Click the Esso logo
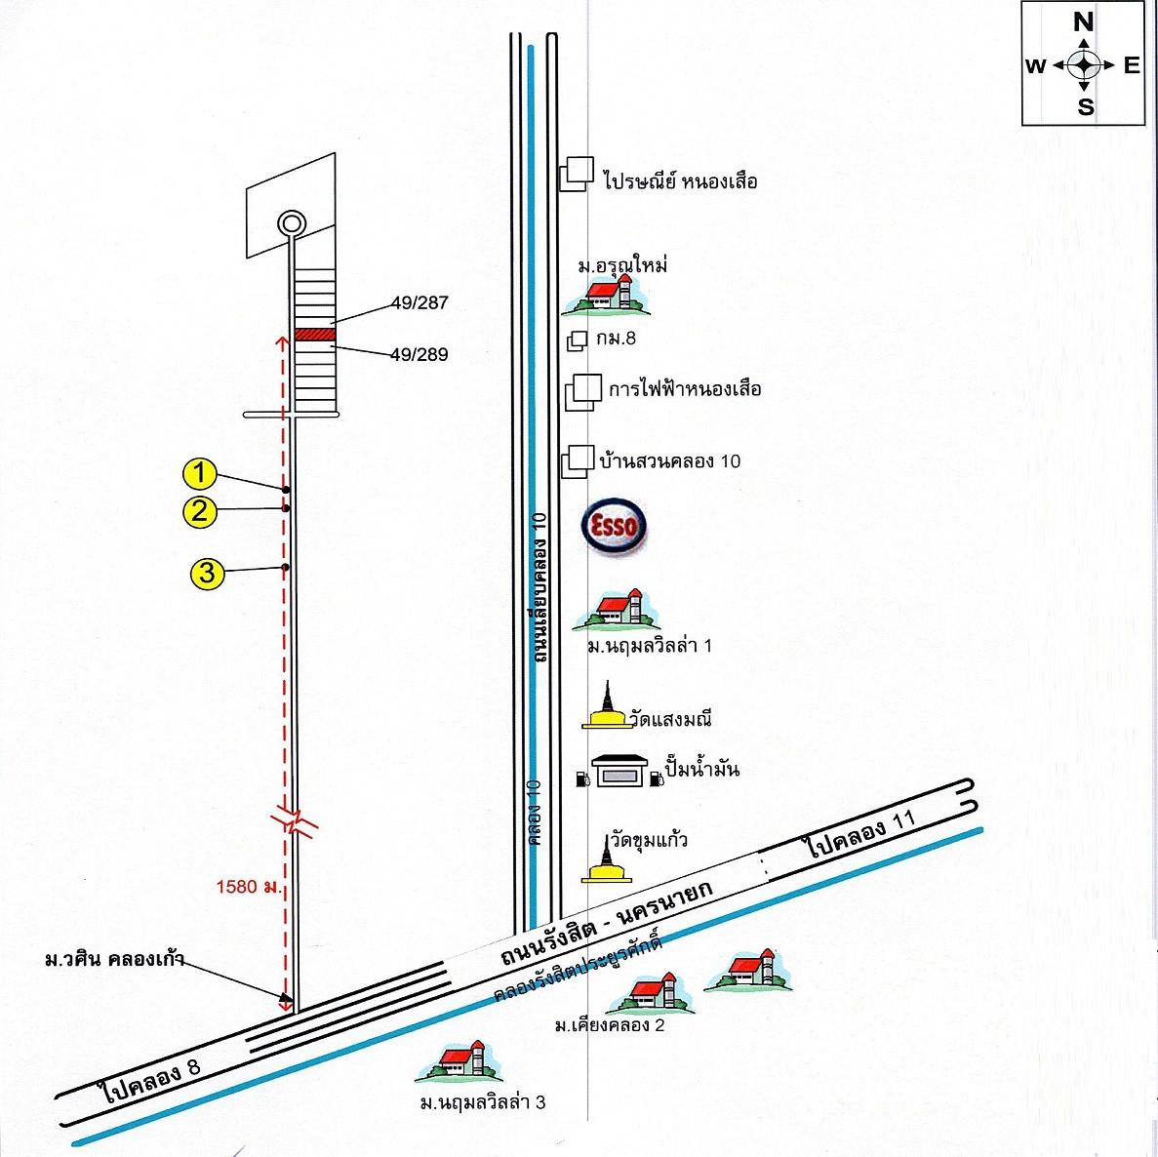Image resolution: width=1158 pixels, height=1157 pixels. click(x=615, y=528)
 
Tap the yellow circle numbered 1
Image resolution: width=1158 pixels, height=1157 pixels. click(x=199, y=475)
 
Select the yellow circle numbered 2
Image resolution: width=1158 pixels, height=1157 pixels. click(x=199, y=511)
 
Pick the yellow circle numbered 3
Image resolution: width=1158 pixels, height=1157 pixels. click(x=207, y=573)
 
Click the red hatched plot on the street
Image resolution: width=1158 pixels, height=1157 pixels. click(x=315, y=334)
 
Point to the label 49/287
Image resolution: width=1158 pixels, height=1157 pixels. click(x=418, y=303)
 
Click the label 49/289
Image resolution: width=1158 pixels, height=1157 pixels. click(x=418, y=355)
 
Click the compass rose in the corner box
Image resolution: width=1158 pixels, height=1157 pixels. click(x=1084, y=65)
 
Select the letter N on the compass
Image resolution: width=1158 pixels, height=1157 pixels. click(x=1084, y=21)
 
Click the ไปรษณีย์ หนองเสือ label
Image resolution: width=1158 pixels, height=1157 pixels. click(x=680, y=181)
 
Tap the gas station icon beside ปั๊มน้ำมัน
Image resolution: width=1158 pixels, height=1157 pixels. click(x=618, y=770)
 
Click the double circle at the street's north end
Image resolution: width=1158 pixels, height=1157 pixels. click(x=290, y=222)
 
